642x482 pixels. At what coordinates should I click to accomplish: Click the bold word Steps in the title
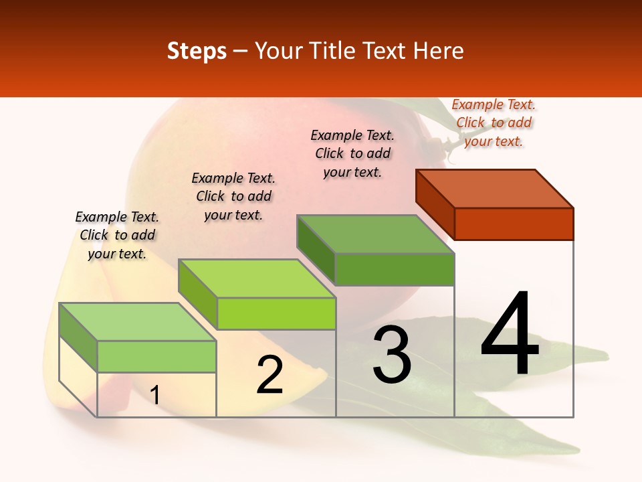tap(197, 51)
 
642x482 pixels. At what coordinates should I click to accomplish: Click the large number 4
tap(510, 335)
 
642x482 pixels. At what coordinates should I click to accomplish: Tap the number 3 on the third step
tap(392, 355)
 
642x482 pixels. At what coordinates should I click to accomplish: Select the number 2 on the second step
tap(270, 375)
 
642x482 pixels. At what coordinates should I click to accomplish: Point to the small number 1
tap(155, 396)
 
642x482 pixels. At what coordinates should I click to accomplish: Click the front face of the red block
tap(514, 224)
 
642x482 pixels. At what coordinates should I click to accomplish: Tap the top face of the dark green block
tap(376, 234)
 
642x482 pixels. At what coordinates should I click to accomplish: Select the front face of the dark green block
tap(395, 269)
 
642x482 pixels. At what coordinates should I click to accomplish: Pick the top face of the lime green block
tap(257, 278)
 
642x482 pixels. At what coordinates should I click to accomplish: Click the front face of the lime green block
tap(276, 313)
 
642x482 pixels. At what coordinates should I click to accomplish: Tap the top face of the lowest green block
tap(138, 322)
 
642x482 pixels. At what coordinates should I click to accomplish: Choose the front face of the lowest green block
tap(156, 356)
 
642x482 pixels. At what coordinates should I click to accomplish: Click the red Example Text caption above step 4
tap(494, 123)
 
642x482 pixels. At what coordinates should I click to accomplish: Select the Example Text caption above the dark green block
tap(352, 153)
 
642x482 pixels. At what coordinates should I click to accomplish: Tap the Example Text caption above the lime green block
tap(233, 196)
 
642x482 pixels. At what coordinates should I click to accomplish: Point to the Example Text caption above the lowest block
tap(117, 235)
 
